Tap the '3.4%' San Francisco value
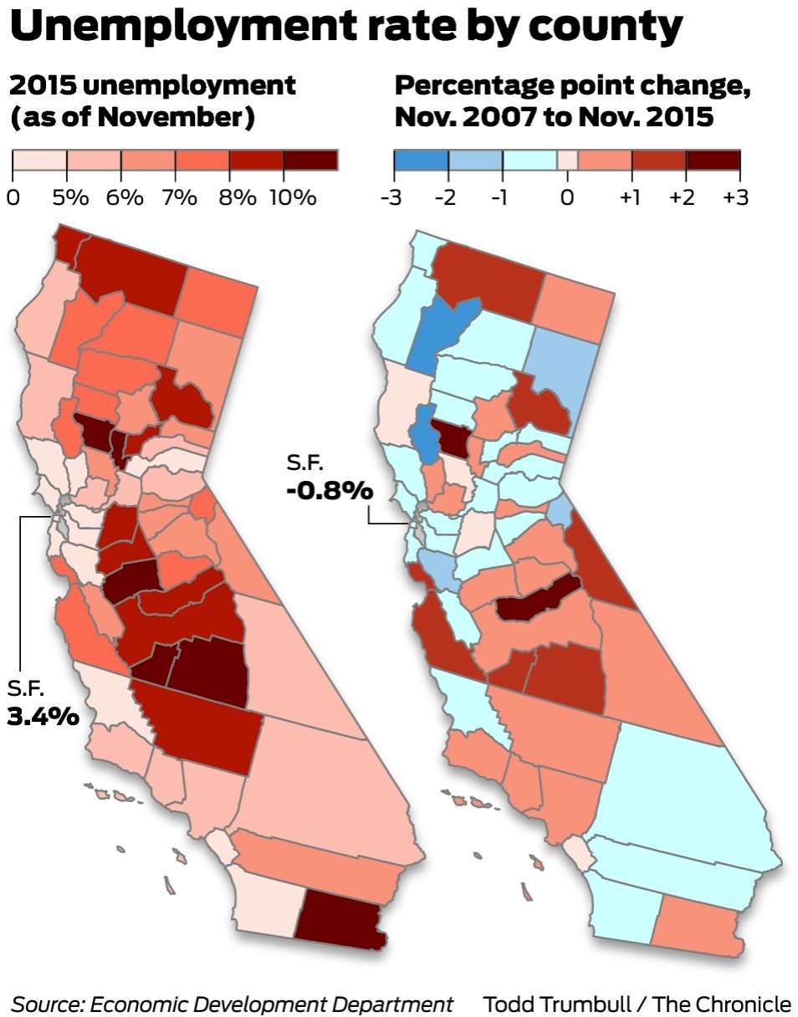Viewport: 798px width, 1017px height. coord(43,717)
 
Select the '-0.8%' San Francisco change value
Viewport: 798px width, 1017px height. coord(329,489)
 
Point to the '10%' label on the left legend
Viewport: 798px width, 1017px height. coord(293,198)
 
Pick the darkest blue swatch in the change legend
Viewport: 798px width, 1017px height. coord(421,159)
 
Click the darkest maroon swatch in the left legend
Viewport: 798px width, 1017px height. coord(310,159)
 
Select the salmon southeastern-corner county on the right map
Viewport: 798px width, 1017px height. coord(699,925)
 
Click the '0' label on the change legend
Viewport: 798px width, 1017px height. coord(568,198)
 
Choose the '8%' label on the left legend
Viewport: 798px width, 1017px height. coord(238,198)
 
